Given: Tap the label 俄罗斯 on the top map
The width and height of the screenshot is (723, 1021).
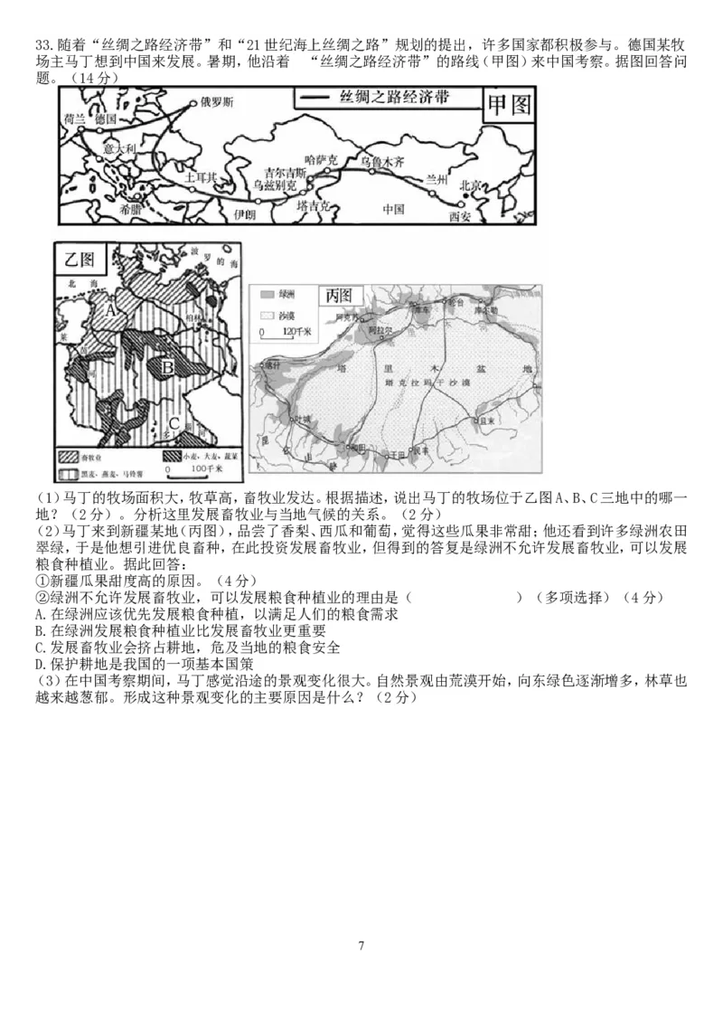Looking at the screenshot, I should tap(217, 102).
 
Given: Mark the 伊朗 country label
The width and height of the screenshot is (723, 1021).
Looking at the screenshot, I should tap(244, 213).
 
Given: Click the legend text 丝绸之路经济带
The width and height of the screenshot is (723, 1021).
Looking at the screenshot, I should tap(392, 98).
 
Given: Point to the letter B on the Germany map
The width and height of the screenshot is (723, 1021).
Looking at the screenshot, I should tap(167, 367).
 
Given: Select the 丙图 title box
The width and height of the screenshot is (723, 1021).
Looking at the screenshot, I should tap(343, 296).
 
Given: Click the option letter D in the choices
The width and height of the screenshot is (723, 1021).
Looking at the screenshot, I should tap(39, 663).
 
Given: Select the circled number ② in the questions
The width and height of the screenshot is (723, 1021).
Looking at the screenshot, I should tap(41, 598).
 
